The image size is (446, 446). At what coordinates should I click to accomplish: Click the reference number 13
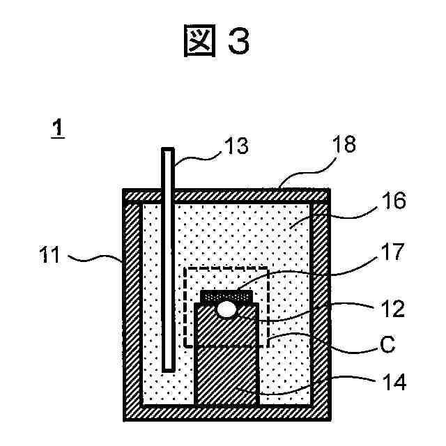tap(235, 146)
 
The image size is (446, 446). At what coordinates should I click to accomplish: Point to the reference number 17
tap(394, 252)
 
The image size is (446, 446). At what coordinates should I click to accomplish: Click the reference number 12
tap(394, 307)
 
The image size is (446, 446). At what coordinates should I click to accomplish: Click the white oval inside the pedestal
tap(226, 309)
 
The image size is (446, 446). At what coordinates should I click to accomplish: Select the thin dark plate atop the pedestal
tap(226, 296)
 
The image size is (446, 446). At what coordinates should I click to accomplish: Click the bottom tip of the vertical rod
tap(167, 367)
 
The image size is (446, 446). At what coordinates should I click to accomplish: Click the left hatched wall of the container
tap(132, 307)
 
